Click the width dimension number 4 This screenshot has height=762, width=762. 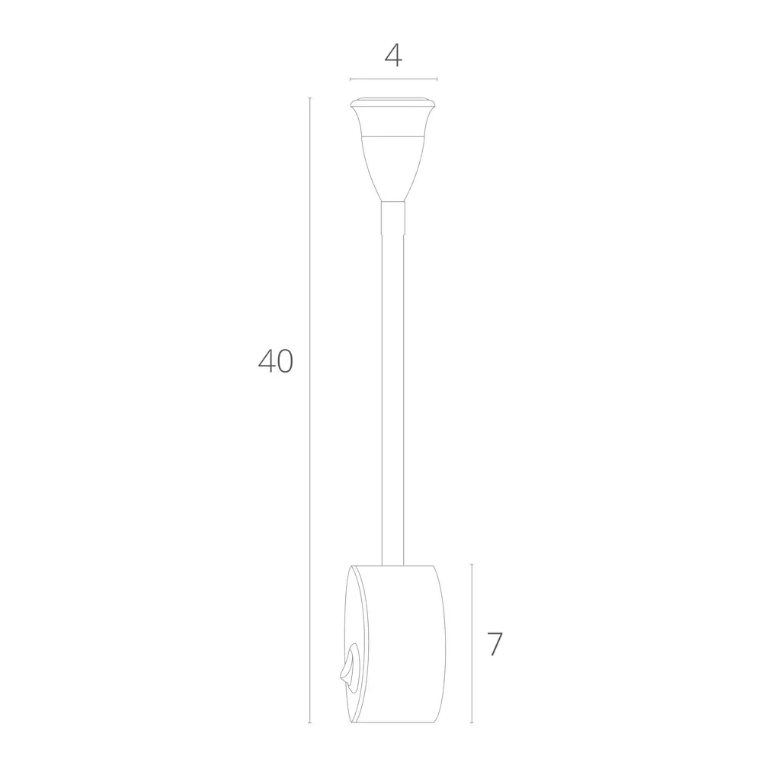393,55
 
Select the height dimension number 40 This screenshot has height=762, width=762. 275,360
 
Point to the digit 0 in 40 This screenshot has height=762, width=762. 283,360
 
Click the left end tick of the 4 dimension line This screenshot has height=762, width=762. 350,79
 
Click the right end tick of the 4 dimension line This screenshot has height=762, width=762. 437,79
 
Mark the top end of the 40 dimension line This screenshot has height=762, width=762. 309,99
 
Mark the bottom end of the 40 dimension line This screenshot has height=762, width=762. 309,722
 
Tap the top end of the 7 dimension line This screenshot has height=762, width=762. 472,564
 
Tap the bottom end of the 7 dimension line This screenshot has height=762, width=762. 472,722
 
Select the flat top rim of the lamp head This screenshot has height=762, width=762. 393,101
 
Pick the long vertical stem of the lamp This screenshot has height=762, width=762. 393,381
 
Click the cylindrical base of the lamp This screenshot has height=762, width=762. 400,644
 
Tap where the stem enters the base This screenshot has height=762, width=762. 393,564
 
